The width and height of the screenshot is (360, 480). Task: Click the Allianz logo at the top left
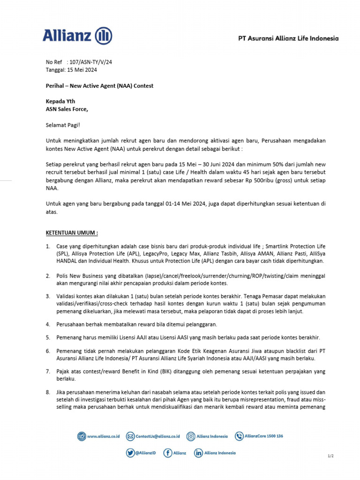[77, 36]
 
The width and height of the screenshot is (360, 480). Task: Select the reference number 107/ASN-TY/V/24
[90, 62]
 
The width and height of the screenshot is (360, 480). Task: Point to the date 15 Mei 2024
[82, 70]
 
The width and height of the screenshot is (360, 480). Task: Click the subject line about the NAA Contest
[99, 86]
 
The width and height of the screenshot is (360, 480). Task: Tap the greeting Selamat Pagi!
[63, 125]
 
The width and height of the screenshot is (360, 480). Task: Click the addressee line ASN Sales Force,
[67, 109]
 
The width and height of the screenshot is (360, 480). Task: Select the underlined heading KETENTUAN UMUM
[72, 232]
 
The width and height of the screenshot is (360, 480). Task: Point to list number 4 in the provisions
[48, 324]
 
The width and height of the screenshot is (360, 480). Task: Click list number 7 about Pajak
[48, 371]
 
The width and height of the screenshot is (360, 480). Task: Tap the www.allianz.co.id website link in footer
[103, 436]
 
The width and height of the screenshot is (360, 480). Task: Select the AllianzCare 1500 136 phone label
[263, 436]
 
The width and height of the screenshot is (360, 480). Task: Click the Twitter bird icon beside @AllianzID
[130, 453]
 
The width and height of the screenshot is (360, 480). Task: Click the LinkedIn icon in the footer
[198, 453]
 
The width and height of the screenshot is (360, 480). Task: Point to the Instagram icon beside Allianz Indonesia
[191, 436]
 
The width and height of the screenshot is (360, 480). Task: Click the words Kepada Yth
[60, 101]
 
